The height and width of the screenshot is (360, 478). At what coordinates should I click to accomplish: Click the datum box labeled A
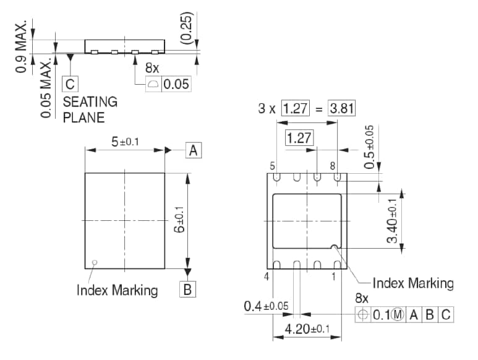(194, 150)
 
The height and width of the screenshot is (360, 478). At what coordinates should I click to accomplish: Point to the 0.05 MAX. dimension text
(46, 88)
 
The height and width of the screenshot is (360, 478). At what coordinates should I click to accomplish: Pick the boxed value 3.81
(341, 109)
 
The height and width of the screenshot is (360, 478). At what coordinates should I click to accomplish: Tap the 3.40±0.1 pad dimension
(391, 220)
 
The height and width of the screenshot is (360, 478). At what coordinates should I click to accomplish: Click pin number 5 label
(271, 166)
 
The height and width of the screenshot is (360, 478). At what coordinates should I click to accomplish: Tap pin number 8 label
(333, 166)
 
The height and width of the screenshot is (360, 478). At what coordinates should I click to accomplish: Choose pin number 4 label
(267, 277)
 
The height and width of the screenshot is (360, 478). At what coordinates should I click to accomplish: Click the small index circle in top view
(94, 262)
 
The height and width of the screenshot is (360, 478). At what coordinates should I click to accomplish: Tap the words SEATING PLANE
(90, 109)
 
